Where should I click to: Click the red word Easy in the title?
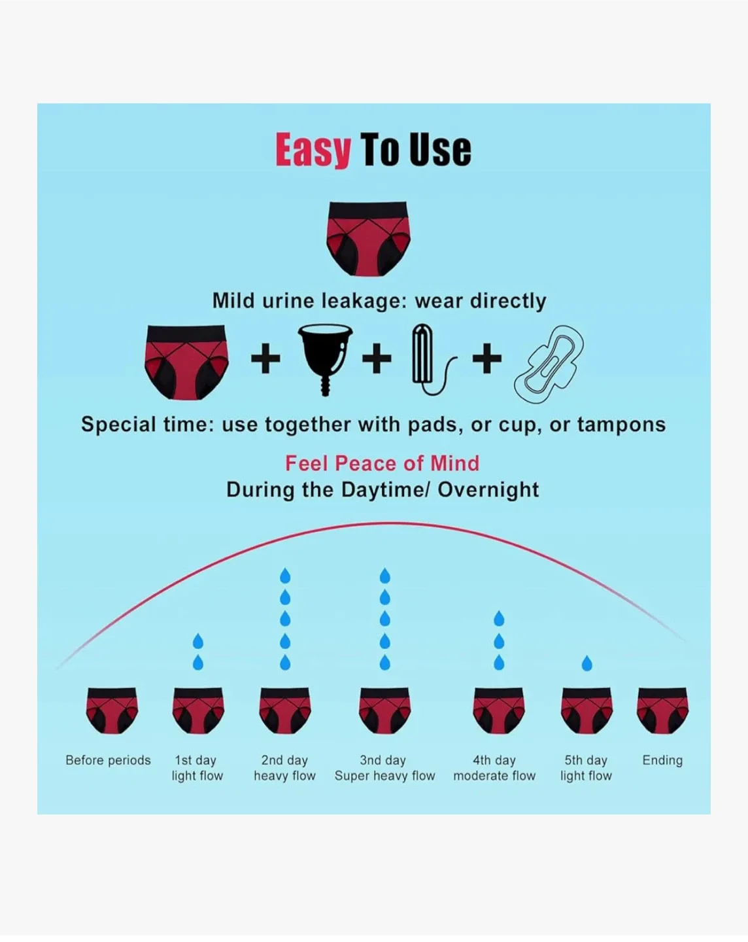(313, 150)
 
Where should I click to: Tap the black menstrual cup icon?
(325, 357)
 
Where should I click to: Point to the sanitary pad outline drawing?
(549, 363)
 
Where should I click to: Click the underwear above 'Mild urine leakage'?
(368, 237)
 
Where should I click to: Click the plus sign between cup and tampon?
(377, 358)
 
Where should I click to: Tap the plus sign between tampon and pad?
(487, 358)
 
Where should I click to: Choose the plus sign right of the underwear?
(265, 358)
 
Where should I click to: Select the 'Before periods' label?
(108, 760)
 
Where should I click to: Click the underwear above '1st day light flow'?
(198, 710)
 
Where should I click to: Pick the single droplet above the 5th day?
(586, 663)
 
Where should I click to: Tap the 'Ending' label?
(662, 760)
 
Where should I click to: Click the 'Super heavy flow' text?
(384, 776)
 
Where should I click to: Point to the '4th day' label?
(494, 760)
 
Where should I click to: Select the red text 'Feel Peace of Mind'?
(382, 463)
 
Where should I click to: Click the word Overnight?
(488, 489)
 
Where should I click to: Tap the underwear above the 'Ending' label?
(662, 710)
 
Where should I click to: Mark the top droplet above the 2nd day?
(285, 576)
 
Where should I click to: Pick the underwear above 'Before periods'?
(112, 710)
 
